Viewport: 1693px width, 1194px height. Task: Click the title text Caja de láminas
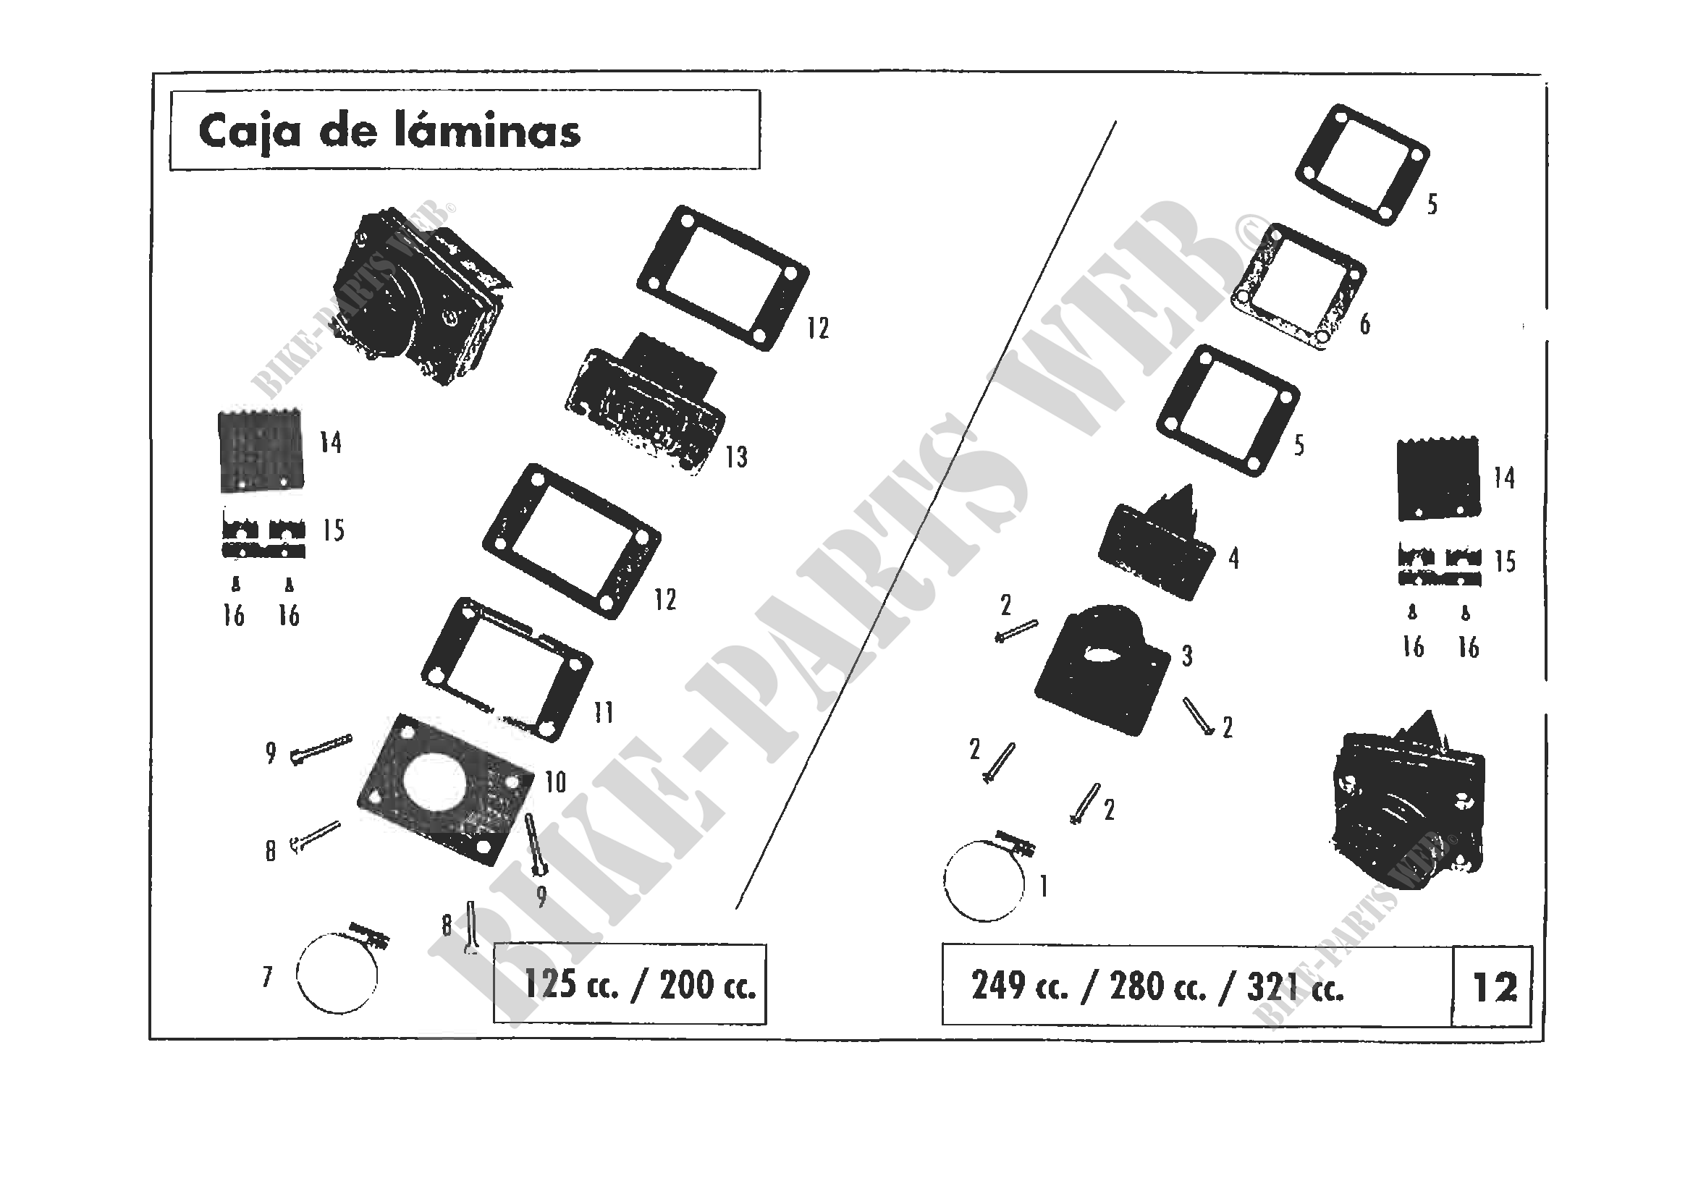click(x=389, y=132)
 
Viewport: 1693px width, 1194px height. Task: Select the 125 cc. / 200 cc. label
click(x=639, y=985)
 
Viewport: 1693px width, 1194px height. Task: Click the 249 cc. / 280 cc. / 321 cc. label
click(x=1157, y=987)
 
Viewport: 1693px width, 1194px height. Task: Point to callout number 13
click(x=736, y=457)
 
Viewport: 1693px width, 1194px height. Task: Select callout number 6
click(x=1365, y=323)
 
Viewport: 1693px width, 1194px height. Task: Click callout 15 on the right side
click(x=1505, y=562)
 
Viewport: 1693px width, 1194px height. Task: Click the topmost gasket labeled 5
click(x=1363, y=165)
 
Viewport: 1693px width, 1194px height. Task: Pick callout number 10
click(x=555, y=782)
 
